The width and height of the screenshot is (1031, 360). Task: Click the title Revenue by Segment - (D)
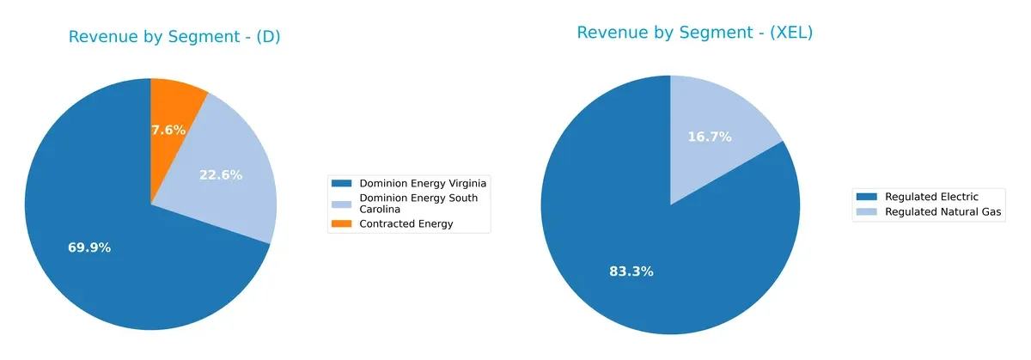click(x=174, y=37)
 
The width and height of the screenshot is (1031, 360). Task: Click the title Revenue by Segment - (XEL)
click(x=694, y=33)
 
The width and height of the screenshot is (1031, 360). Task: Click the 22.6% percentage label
click(x=221, y=174)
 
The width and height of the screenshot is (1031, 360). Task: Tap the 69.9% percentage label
click(x=89, y=247)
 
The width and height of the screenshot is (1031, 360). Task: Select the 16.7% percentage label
click(x=710, y=137)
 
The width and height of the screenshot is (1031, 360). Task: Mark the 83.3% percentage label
click(x=631, y=272)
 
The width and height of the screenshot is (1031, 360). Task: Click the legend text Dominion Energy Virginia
click(x=424, y=183)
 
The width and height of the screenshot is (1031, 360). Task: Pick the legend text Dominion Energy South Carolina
click(x=418, y=204)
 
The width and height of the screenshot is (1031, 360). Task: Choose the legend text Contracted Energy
click(x=406, y=224)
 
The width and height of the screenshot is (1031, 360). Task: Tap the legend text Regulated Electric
click(x=931, y=197)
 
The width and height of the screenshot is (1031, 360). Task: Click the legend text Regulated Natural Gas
click(x=943, y=211)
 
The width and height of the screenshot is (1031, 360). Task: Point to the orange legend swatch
click(x=342, y=224)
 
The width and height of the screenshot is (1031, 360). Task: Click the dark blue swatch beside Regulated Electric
click(x=867, y=197)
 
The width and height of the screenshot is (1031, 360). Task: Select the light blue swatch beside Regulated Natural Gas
click(x=867, y=211)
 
